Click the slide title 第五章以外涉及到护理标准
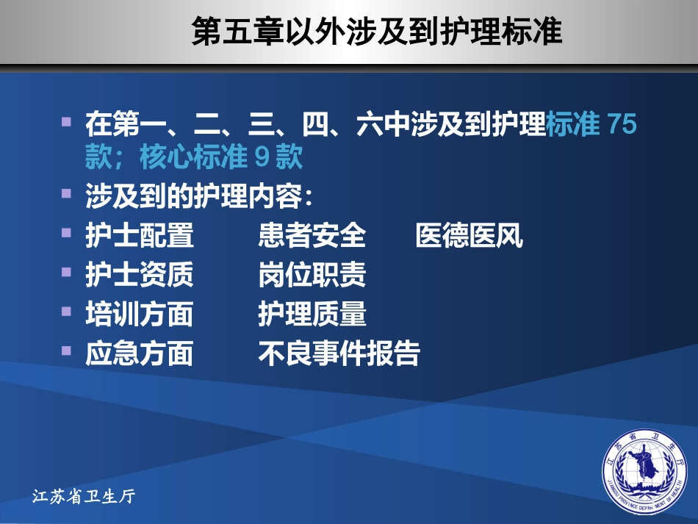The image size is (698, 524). click(377, 33)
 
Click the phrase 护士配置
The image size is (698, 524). click(140, 237)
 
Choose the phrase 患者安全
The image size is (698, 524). click(312, 237)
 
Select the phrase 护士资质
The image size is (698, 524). click(140, 276)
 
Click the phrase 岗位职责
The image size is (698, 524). click(312, 276)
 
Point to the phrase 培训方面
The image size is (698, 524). click(140, 315)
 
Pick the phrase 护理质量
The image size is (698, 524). click(312, 315)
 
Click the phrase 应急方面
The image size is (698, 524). click(140, 353)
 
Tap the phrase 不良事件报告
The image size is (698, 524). click(339, 353)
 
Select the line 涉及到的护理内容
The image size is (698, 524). click(198, 198)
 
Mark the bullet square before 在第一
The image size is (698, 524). click(68, 120)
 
